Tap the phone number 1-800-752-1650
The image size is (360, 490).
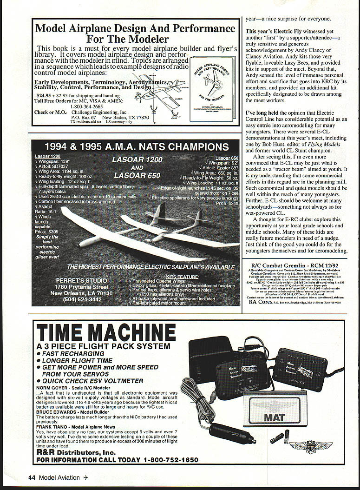pos(171,460)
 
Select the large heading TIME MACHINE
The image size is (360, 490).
pos(99,333)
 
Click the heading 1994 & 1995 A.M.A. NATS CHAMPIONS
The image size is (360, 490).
pos(137,147)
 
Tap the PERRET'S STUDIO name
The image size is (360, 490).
pos(81,280)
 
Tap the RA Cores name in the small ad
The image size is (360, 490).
pos(259,302)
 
